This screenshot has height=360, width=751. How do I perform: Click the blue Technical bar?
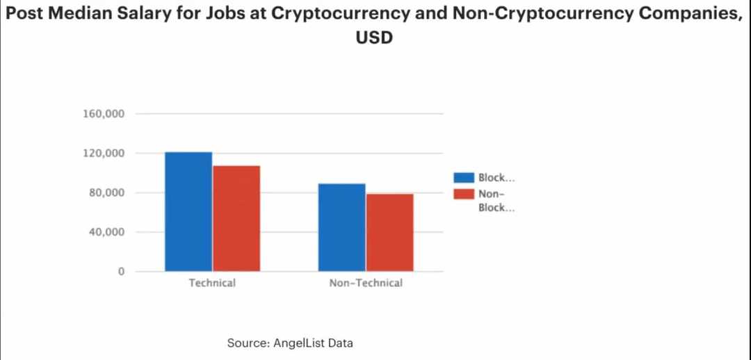point(188,211)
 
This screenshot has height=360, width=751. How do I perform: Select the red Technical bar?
point(236,218)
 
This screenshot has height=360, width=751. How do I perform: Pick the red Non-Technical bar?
point(389,232)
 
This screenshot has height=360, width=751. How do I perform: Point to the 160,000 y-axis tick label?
point(104,114)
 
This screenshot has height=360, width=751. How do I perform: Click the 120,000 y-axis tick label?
point(104,153)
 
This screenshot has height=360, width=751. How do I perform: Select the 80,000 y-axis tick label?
point(106,193)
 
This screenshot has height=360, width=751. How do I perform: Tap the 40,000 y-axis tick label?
point(106,232)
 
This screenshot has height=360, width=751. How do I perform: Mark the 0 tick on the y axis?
point(120,272)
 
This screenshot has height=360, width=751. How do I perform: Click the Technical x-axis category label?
point(212,284)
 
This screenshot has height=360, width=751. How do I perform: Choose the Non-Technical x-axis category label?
point(366,284)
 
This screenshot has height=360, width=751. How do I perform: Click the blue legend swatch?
point(463,179)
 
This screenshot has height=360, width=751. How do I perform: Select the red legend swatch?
point(463,194)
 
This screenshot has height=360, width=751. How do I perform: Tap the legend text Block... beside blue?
point(496,179)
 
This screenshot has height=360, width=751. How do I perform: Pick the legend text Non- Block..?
point(496,201)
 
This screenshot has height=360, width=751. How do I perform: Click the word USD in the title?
point(375,38)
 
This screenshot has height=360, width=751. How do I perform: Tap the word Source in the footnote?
point(244,343)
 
